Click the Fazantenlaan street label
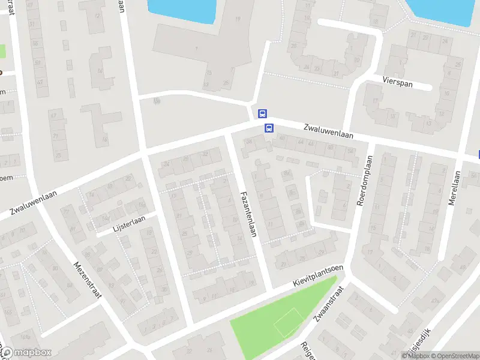[249, 213]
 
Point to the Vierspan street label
[397, 83]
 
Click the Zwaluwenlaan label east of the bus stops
[328, 132]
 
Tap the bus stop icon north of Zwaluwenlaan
[262, 113]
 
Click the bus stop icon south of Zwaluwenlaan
[269, 127]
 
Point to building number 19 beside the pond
[238, 19]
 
